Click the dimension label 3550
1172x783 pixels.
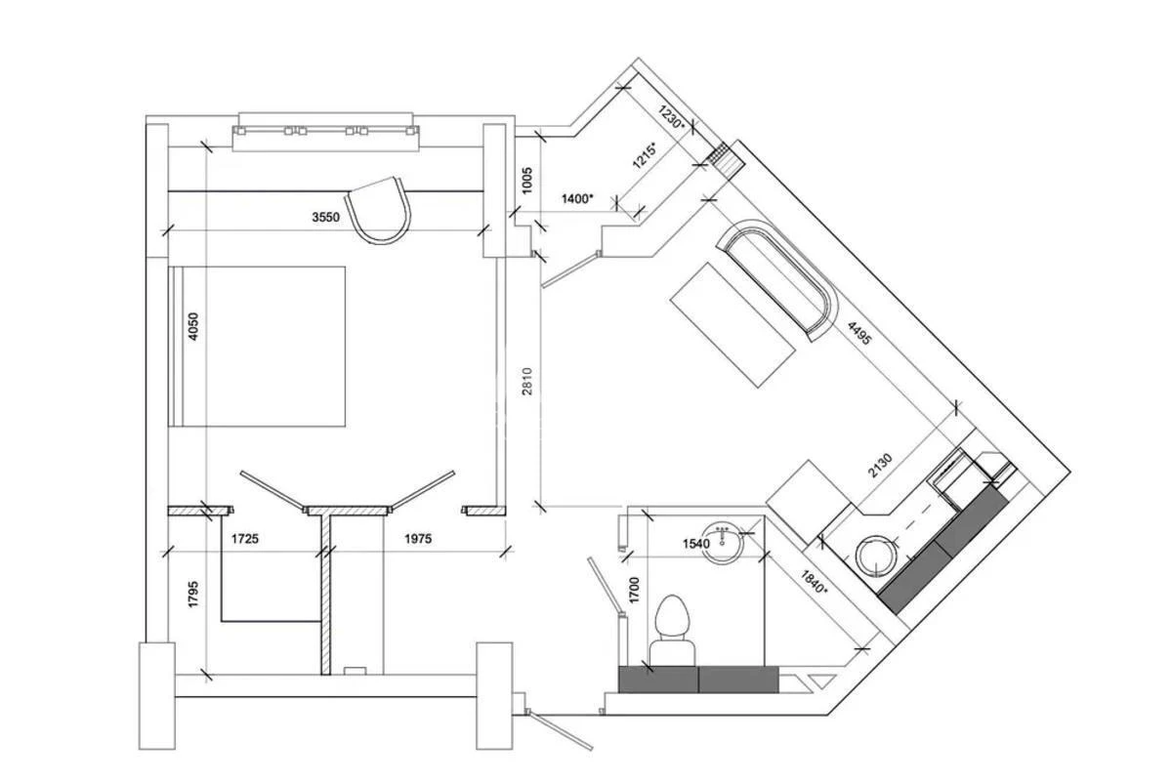click(325, 218)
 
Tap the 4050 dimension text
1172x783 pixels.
click(193, 325)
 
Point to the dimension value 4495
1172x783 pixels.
click(858, 336)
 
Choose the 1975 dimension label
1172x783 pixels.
click(416, 538)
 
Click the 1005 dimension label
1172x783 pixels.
click(526, 180)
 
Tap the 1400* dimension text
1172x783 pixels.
click(577, 198)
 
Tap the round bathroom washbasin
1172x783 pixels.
click(724, 540)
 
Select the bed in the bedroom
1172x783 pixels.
click(259, 346)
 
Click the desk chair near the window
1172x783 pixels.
click(380, 209)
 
